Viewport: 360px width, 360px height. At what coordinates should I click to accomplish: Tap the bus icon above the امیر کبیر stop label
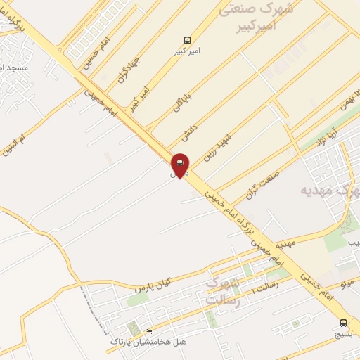click(x=187, y=39)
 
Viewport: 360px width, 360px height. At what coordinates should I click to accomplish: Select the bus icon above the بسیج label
click(x=343, y=323)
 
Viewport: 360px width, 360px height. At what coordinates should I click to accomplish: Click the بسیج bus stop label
click(x=343, y=335)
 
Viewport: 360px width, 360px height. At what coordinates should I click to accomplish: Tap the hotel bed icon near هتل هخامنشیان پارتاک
click(x=148, y=331)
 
